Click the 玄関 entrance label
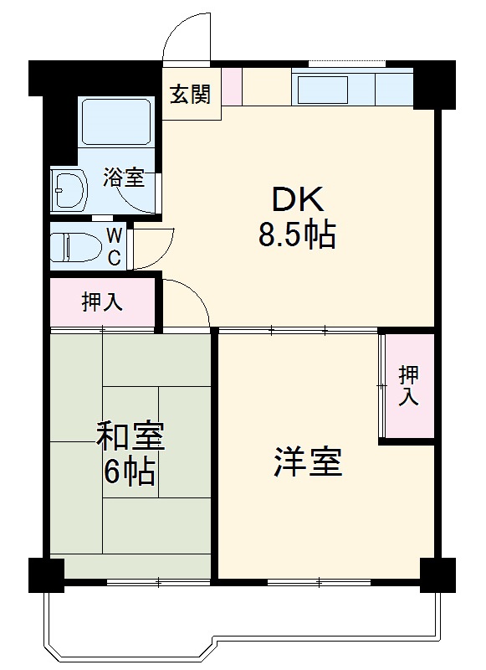click(190, 95)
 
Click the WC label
click(115, 245)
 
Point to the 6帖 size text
click(130, 473)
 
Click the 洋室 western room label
click(308, 461)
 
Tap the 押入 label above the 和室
click(102, 301)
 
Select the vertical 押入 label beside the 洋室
click(407, 385)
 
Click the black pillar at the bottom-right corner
click(437, 574)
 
